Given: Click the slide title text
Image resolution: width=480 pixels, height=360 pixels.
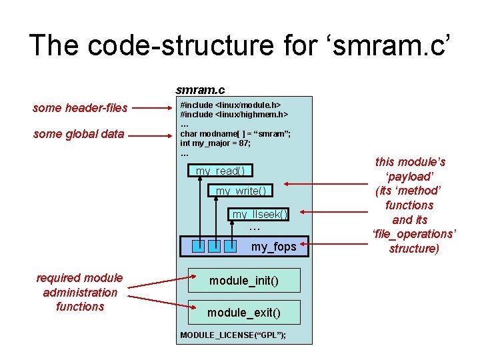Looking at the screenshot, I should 240,45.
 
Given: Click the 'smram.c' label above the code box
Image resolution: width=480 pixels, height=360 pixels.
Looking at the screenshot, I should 200,89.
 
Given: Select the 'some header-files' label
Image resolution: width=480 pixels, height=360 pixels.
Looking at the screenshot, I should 80,107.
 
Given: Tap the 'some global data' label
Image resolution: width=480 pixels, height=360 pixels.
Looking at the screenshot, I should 79,134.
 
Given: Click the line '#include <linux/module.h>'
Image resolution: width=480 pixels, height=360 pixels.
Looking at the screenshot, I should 230,105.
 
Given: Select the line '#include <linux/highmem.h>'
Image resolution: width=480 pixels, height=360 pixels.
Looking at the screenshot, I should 234,115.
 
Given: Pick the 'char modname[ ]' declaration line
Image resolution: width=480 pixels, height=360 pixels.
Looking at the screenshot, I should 235,133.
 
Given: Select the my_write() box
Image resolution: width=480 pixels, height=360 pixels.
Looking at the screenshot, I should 240,191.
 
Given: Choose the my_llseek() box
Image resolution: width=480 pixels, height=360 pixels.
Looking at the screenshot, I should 260,213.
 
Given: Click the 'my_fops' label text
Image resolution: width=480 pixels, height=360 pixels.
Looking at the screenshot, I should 273,247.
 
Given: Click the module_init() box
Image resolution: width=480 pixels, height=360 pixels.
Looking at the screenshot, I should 244,281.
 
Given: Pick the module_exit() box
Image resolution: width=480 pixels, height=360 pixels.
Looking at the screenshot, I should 244,312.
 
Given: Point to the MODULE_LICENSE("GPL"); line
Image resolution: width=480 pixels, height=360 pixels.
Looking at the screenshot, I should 233,335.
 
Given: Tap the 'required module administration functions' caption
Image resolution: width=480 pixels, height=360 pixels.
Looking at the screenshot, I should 80,292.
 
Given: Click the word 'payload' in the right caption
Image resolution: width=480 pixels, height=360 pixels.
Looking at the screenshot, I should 409,176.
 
